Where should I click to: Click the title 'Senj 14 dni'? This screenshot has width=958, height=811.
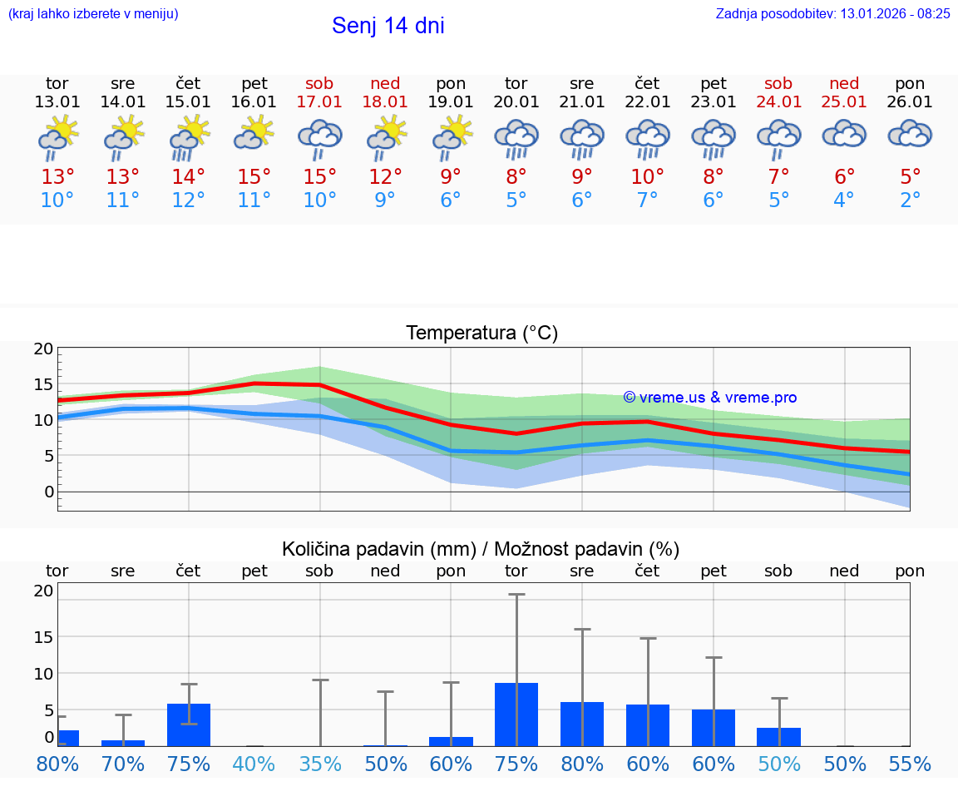[x=388, y=26]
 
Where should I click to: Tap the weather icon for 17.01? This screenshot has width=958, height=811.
[x=320, y=139]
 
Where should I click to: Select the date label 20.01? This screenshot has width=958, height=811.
[x=516, y=102]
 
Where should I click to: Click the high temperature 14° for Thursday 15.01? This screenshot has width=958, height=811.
[x=189, y=177]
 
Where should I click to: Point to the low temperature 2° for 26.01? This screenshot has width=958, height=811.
[x=911, y=200]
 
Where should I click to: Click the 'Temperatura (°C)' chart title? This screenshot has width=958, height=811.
[x=481, y=334]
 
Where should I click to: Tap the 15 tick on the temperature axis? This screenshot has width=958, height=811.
[x=43, y=384]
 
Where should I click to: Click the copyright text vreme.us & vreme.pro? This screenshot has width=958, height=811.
[x=710, y=398]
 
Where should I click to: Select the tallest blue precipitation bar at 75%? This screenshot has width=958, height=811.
[x=516, y=715]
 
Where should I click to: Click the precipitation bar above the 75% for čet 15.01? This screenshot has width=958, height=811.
[x=189, y=724]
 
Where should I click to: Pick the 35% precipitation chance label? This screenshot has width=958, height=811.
[x=320, y=764]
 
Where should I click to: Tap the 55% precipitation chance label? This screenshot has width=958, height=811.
[x=911, y=764]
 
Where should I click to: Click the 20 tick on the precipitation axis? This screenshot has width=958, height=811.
[x=43, y=591]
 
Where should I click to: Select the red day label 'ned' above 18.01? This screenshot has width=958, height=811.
[x=385, y=84]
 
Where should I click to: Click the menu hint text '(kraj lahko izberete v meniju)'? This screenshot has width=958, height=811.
[x=93, y=13]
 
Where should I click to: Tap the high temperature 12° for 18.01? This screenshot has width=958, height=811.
[x=385, y=177]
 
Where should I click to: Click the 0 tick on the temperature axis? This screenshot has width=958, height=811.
[x=48, y=492]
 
